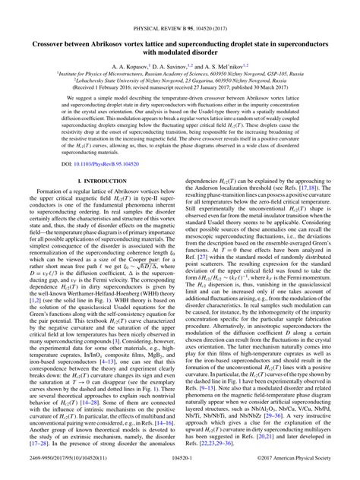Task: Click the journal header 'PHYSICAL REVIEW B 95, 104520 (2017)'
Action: pyautogui.click(x=180, y=10)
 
